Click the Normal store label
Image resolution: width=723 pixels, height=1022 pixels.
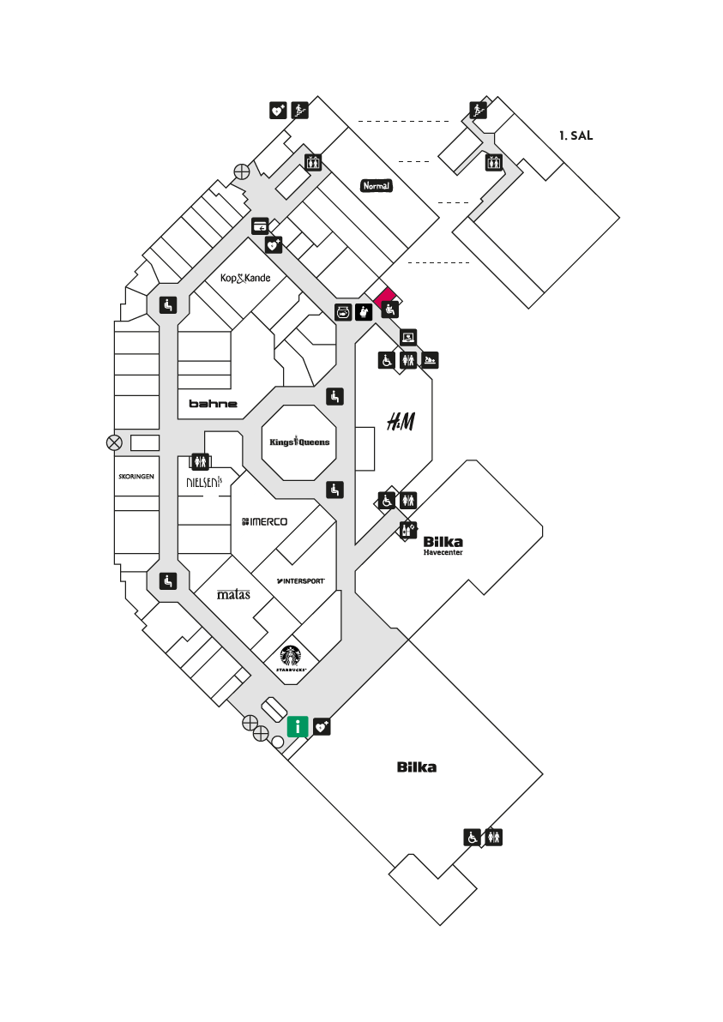tap(377, 186)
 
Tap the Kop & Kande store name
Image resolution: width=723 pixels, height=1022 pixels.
tap(245, 279)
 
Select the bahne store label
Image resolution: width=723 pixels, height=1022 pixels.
tap(214, 404)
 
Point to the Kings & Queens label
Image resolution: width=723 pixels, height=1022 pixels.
tap(299, 442)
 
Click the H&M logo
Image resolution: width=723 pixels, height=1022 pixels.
tap(401, 422)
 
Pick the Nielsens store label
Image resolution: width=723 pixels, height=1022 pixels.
tap(204, 483)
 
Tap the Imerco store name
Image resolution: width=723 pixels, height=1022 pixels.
tap(265, 521)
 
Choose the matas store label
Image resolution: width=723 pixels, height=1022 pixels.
tap(233, 594)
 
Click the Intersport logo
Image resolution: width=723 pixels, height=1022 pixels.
tap(300, 580)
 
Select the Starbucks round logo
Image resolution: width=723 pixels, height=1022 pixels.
tap(291, 657)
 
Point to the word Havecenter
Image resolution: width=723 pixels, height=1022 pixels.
tap(443, 553)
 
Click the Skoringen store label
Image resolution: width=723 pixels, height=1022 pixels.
tap(136, 477)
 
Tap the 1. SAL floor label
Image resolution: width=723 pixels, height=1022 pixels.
tap(575, 135)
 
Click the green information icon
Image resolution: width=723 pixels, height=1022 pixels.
tap(298, 726)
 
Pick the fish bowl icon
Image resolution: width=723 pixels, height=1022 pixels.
tap(344, 312)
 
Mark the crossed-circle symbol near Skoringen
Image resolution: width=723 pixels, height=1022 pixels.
tap(114, 443)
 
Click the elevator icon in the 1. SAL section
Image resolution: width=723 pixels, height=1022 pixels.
tap(493, 162)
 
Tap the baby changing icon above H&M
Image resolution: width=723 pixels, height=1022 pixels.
tap(430, 360)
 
